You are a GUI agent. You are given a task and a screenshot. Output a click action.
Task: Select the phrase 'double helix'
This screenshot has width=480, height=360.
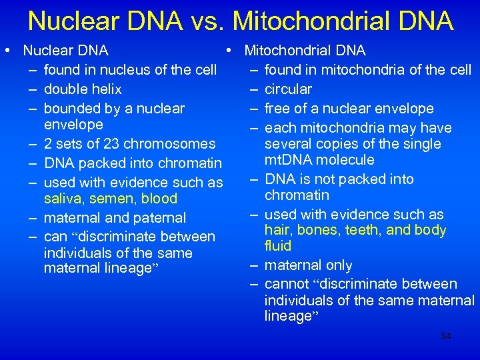point(83,89)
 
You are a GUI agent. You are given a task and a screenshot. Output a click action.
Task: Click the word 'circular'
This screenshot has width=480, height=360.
point(288,89)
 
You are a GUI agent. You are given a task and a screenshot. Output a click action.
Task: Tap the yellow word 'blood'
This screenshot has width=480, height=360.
point(159,199)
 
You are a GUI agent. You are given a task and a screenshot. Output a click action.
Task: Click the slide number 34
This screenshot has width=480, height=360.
point(446,337)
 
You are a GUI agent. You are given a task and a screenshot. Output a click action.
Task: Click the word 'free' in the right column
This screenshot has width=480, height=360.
point(277,108)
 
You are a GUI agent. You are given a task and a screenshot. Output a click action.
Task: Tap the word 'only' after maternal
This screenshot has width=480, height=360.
point(339,265)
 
